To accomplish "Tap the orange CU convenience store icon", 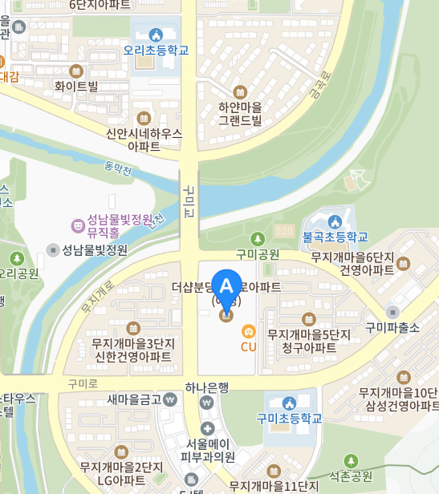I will click(x=249, y=331).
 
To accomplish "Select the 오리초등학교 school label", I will click(x=156, y=50).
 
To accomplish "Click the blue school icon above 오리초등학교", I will click(x=156, y=34).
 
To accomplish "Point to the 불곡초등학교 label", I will click(x=335, y=237).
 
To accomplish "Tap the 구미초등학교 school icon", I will click(x=289, y=403).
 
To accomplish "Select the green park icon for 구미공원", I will click(x=257, y=238).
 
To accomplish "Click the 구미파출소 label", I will click(x=392, y=327).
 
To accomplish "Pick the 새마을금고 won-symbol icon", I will click(x=169, y=399).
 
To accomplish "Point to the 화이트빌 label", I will click(x=76, y=86).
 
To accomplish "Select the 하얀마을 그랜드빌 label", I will click(x=241, y=113).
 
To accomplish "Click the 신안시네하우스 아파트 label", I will click(x=144, y=140).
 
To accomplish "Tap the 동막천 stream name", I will click(x=117, y=168).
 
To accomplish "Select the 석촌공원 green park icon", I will click(x=351, y=460).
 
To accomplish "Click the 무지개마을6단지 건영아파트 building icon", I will click(x=403, y=263).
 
